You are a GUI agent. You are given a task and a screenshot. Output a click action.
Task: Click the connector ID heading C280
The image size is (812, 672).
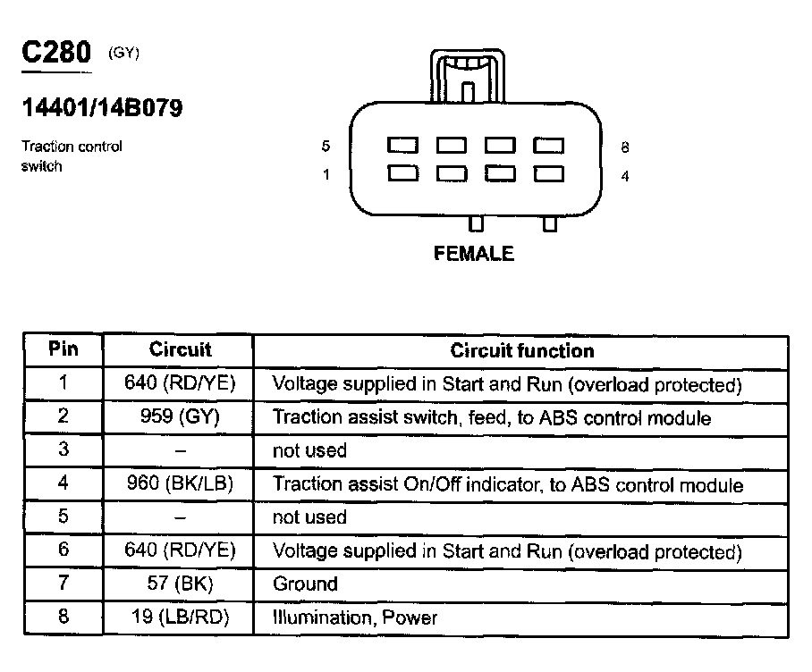point(55,53)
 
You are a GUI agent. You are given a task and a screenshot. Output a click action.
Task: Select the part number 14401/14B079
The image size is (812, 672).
point(102,108)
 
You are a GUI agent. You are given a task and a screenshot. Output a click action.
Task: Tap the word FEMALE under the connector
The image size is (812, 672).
point(473,254)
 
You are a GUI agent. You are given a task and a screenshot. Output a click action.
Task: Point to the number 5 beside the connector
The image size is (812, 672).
point(326,147)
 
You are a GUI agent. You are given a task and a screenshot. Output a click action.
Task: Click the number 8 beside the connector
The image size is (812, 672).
point(624,147)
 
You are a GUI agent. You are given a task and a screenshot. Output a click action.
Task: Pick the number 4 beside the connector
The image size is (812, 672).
point(624,176)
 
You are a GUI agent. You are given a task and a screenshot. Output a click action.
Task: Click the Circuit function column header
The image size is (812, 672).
point(521,350)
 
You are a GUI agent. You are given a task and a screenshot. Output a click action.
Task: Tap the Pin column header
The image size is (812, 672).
point(63,349)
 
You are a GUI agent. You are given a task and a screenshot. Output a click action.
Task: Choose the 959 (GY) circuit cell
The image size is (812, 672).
point(180,416)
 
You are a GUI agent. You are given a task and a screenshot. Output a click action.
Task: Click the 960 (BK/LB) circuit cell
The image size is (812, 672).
point(180,484)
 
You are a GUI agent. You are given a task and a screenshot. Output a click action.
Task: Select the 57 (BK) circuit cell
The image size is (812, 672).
point(180,584)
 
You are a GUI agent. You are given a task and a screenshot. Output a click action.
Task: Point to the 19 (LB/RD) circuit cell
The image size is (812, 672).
point(180,617)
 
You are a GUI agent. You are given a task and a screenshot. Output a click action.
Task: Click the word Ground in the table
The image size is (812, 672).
point(305,584)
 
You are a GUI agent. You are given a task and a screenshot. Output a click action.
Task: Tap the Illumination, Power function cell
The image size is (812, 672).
point(354,617)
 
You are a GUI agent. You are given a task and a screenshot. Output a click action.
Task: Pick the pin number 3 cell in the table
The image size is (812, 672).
point(63,450)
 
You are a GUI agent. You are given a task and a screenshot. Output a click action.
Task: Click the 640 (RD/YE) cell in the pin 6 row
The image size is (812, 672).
point(180,550)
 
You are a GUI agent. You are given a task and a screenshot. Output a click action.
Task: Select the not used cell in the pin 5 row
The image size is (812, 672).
point(309,517)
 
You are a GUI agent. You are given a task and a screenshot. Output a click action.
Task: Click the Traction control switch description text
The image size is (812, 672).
point(71,155)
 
